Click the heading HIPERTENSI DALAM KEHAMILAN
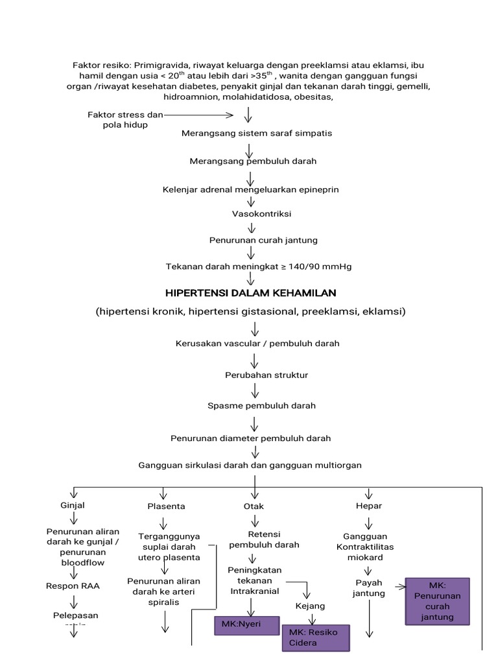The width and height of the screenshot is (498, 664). pyautogui.click(x=250, y=293)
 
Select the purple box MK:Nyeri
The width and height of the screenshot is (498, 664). pyautogui.click(x=246, y=626)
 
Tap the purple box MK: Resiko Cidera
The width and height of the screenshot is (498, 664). pyautogui.click(x=316, y=637)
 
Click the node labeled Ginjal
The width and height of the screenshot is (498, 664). pyautogui.click(x=73, y=505)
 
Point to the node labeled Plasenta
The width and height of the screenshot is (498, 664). pyautogui.click(x=166, y=506)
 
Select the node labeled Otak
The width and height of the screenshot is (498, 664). pyautogui.click(x=254, y=506)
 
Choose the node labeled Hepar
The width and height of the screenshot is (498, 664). pyautogui.click(x=369, y=505)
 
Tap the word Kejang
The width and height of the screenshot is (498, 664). pyautogui.click(x=310, y=606)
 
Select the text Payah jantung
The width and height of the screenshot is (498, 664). pyautogui.click(x=369, y=587)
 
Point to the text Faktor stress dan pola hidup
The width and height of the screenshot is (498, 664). pyautogui.click(x=125, y=120)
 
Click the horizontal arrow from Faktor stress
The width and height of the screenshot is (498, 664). pyautogui.click(x=198, y=115)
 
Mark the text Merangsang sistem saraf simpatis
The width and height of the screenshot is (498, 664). pyautogui.click(x=257, y=134)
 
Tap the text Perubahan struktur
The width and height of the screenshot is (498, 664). pyautogui.click(x=257, y=375)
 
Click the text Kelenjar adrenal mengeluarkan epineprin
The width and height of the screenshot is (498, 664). pyautogui.click(x=250, y=189)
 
